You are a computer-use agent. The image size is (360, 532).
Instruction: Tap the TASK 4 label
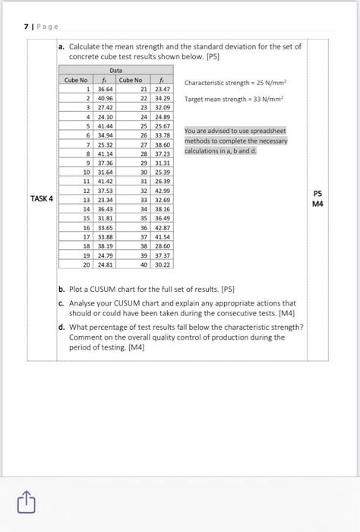[x=42, y=198]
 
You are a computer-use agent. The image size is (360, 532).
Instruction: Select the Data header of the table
[x=116, y=71]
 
